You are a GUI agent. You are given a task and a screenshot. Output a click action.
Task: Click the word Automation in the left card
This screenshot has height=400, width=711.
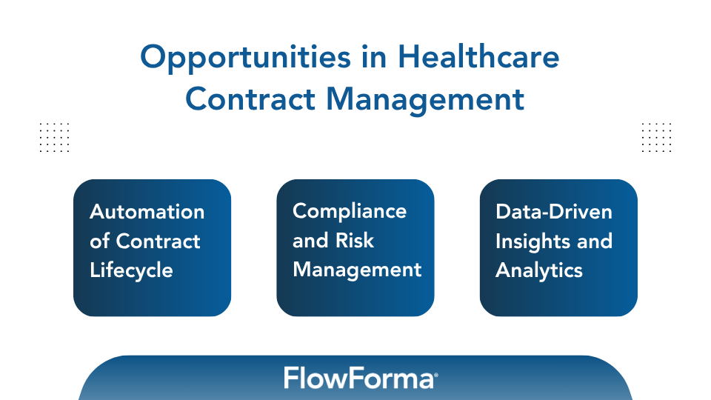point(147,212)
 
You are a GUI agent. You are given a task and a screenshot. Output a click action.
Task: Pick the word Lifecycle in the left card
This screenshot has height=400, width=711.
point(131,270)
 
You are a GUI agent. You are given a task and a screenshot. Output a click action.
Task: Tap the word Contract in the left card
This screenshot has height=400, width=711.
point(158,241)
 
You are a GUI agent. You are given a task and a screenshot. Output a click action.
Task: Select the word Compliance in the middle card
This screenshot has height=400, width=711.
point(350,211)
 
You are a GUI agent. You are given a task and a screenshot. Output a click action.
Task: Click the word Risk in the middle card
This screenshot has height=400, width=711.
point(354,241)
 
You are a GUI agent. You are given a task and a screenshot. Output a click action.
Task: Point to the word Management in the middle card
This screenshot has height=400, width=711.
point(357,270)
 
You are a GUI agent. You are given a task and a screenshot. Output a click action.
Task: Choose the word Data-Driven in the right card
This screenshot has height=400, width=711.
point(554,212)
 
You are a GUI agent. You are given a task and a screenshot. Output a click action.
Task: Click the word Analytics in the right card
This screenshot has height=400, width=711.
point(539,270)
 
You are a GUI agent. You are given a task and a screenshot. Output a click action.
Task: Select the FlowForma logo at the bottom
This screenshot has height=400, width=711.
point(358,379)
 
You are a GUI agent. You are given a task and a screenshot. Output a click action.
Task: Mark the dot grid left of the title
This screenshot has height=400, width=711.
point(53,138)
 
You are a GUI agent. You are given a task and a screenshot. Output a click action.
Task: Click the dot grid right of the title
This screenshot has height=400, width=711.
point(656,138)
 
